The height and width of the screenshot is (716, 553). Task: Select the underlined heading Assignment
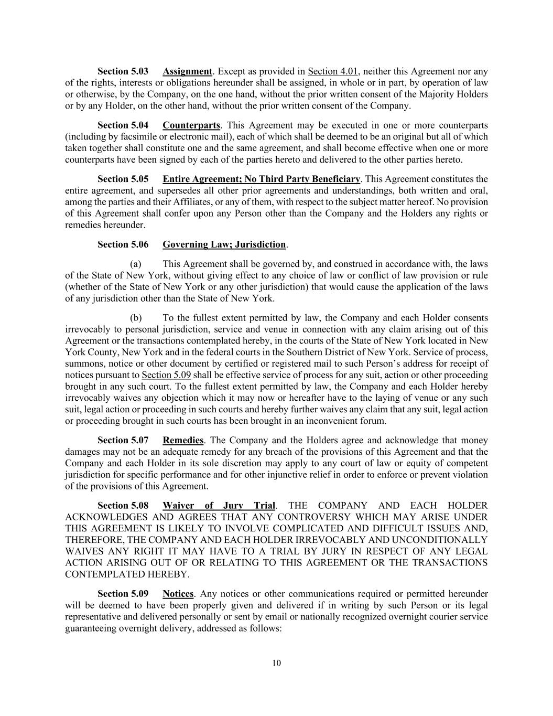pos(187,71)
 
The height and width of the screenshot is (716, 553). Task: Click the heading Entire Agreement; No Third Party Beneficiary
pos(261,179)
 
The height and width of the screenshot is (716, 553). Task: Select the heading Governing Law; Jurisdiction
pos(224,245)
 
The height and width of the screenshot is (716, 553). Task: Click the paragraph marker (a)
pos(136,264)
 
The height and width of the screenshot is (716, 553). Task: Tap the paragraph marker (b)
pos(136,318)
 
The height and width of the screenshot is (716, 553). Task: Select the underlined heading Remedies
pos(183,441)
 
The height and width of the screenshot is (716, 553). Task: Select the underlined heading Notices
pos(178,594)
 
